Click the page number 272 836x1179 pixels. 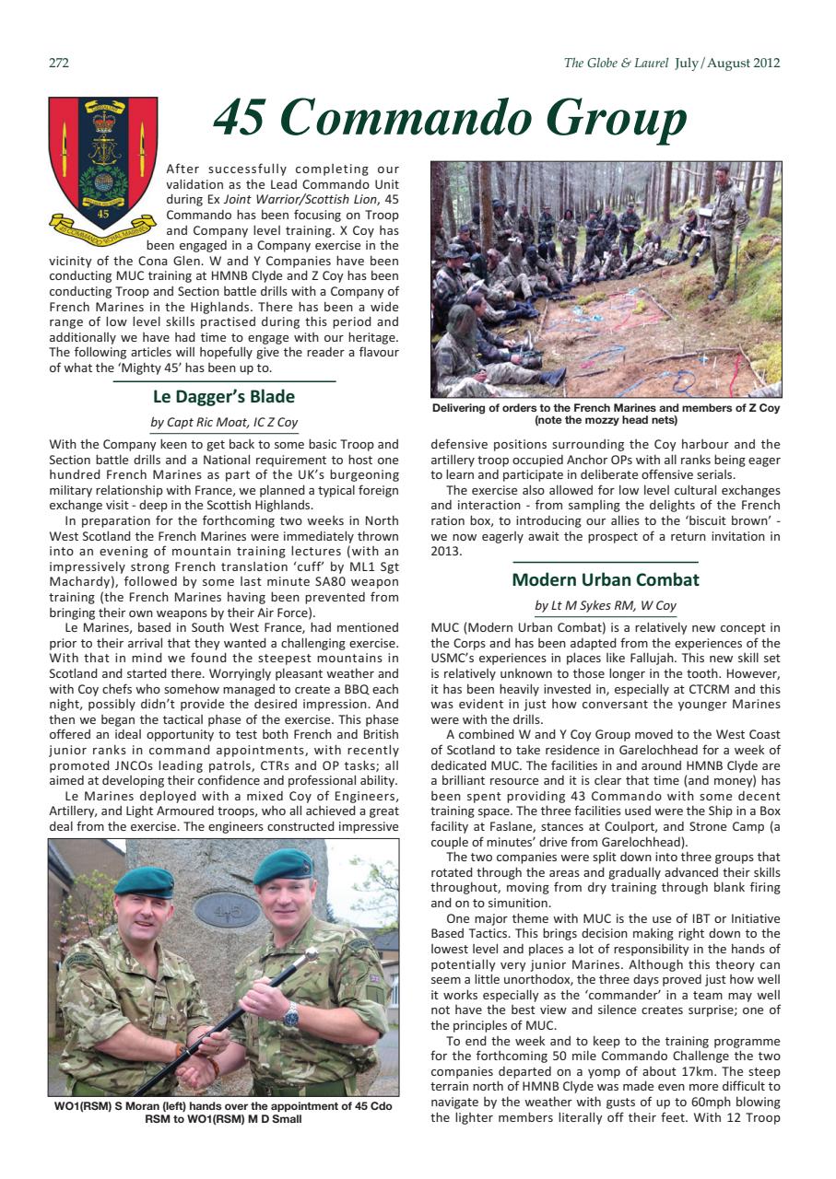(59, 64)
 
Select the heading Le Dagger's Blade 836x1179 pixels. (224, 397)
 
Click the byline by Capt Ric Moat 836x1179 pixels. (224, 423)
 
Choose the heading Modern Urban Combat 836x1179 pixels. (606, 580)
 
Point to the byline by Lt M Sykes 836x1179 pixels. (606, 605)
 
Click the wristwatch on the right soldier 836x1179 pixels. (291, 1015)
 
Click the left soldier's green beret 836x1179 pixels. (144, 881)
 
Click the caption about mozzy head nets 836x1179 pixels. (606, 414)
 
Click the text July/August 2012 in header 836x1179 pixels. (727, 64)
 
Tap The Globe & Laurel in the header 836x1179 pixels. (616, 64)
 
